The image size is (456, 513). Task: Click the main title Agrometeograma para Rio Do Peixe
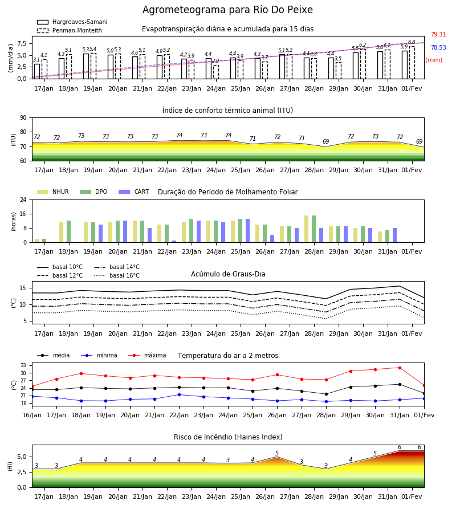point(227,10)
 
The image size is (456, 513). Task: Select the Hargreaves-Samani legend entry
point(72,22)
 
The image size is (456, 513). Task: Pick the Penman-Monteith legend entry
point(70,30)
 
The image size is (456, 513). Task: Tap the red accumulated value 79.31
point(438,34)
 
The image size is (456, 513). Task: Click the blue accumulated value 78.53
point(438,47)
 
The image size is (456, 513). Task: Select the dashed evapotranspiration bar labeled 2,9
point(216,72)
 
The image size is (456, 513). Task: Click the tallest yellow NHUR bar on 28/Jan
point(307,229)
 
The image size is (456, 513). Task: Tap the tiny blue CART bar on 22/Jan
point(174,242)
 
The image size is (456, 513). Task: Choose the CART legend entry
point(134,192)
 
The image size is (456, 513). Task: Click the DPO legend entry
point(93,192)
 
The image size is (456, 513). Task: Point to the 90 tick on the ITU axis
point(23,118)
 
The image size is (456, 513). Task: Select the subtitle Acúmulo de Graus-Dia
point(228,274)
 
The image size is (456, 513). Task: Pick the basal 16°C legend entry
point(117,276)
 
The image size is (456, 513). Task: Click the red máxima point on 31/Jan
point(400,368)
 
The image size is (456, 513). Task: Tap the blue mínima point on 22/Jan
point(179,394)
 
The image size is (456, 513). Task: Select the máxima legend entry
point(147,355)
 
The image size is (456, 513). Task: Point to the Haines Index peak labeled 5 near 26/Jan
point(277,457)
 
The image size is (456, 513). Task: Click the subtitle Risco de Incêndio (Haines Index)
point(228,437)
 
